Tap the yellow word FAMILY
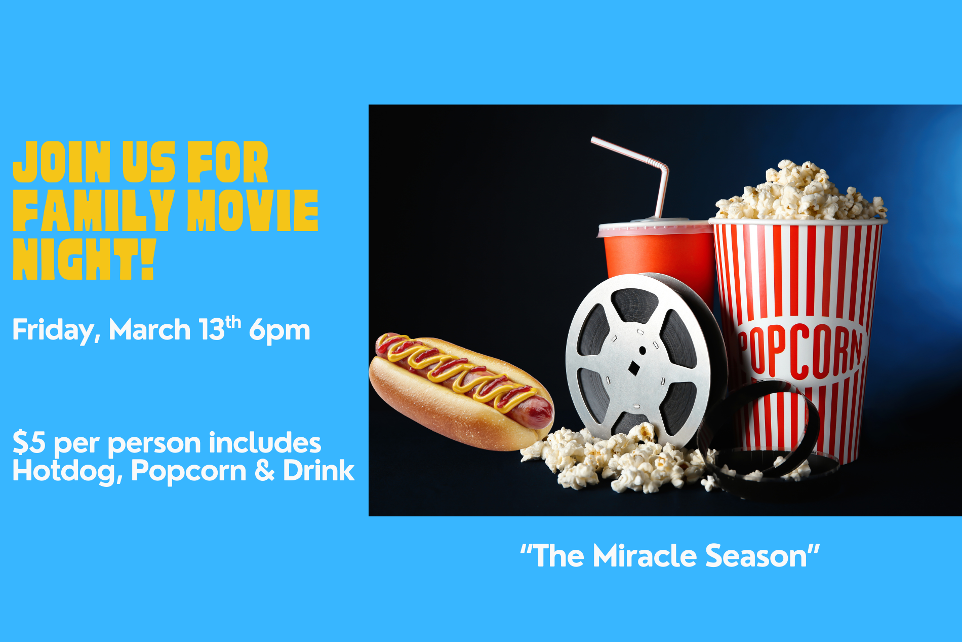(94, 210)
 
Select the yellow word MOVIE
(253, 210)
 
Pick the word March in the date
(149, 330)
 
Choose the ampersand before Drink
(264, 471)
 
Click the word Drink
(318, 470)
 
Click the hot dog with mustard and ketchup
(461, 391)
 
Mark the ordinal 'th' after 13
(233, 322)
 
